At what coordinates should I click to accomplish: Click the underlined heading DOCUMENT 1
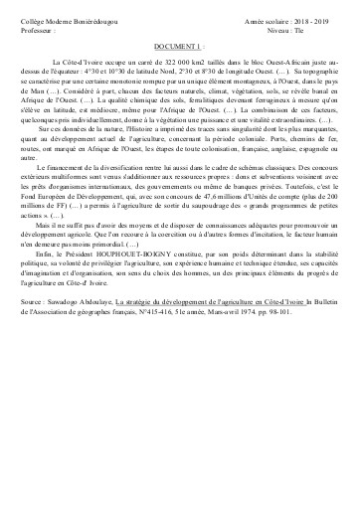coord(177,46)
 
